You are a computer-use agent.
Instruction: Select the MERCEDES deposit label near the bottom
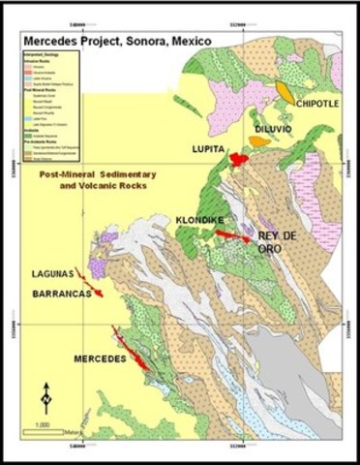(100, 358)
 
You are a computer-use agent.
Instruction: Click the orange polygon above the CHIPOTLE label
(284, 91)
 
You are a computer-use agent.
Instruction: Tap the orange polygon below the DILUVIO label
(258, 141)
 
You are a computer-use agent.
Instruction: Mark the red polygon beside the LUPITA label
(238, 145)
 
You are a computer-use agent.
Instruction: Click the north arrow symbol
(45, 397)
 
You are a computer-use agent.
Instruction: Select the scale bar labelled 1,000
(53, 430)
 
